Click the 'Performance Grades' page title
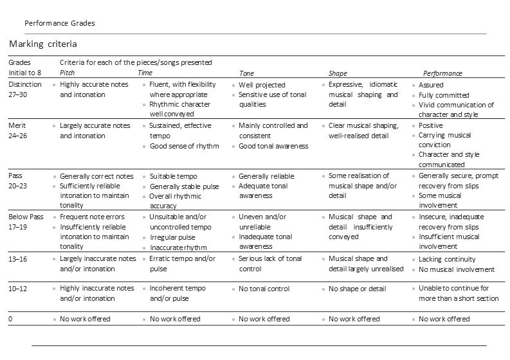click(x=59, y=22)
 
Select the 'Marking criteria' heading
click(x=43, y=44)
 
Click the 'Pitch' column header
click(x=67, y=73)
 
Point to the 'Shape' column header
click(x=338, y=73)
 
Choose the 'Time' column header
click(x=145, y=73)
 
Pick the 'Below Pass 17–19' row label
click(x=26, y=222)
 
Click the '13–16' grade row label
click(x=20, y=258)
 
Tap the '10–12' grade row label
click(x=20, y=289)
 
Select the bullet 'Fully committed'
click(x=444, y=95)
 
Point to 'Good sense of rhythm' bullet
click(x=184, y=146)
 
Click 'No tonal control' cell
click(x=264, y=289)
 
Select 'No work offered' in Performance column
click(x=444, y=319)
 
